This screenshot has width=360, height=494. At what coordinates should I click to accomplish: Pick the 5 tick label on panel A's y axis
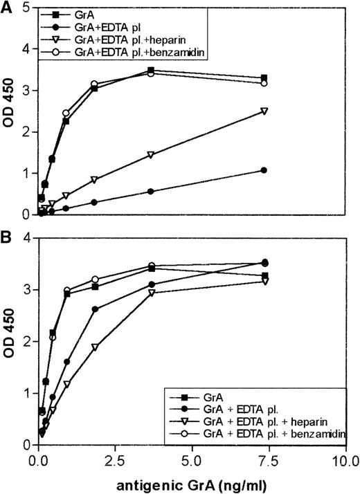point(26,8)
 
